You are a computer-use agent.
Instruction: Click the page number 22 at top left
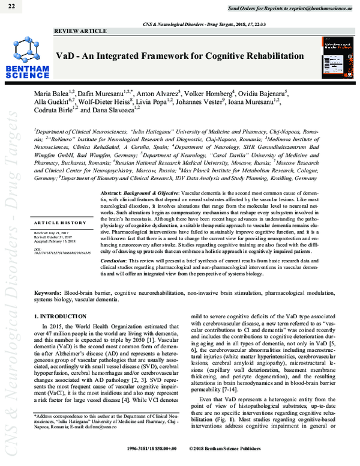13,6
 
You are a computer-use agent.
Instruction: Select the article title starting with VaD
180,56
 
